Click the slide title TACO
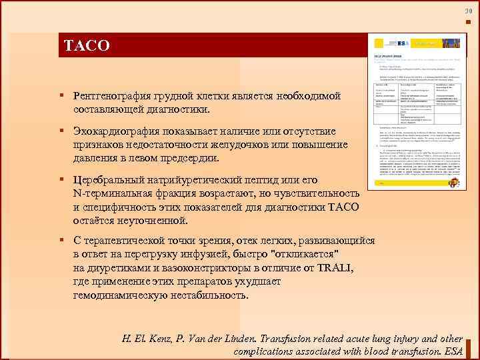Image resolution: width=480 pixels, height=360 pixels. coord(87,46)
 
